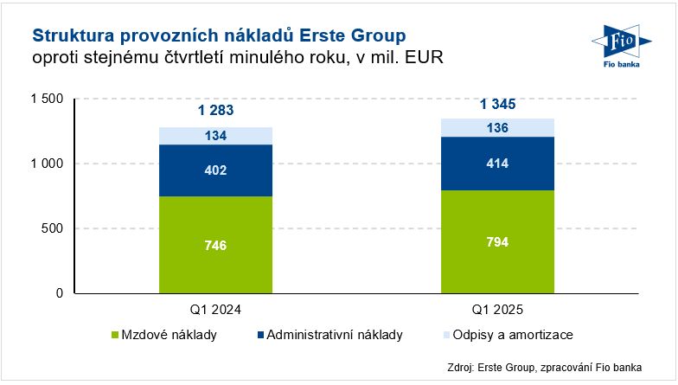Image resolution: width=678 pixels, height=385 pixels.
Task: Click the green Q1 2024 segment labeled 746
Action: [215, 246]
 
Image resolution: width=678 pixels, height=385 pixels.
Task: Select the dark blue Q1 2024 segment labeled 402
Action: [215, 170]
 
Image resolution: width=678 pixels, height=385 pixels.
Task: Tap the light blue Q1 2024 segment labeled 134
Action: [215, 136]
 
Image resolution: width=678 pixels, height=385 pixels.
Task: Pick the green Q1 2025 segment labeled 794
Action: [497, 241]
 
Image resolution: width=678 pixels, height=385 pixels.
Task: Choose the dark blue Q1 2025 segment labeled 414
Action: [497, 164]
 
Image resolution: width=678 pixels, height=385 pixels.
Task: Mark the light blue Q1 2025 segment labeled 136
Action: [497, 128]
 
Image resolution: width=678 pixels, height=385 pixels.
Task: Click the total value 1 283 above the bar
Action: [215, 111]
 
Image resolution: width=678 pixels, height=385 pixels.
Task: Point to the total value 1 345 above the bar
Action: [497, 105]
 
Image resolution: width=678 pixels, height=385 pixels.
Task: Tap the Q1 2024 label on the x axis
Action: [215, 310]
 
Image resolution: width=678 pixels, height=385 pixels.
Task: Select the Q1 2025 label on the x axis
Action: [497, 310]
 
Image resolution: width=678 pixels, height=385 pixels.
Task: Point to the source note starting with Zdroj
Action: [550, 366]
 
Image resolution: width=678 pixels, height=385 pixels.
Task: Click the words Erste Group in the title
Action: [353, 35]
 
